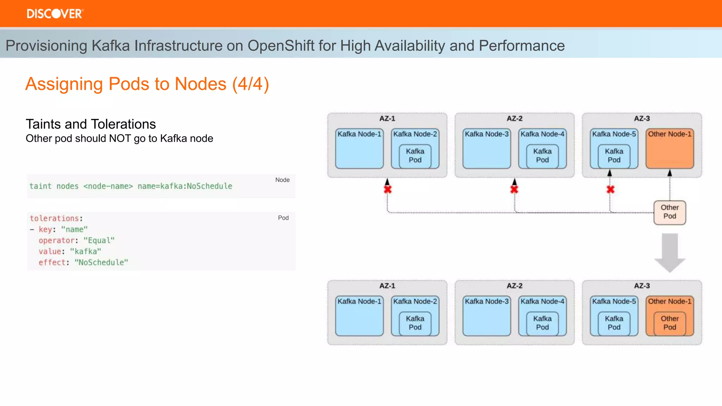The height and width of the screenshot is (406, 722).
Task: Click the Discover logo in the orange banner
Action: (x=55, y=14)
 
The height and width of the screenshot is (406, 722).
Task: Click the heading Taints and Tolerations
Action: (x=91, y=124)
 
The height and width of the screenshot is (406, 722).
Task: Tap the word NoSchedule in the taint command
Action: (x=209, y=186)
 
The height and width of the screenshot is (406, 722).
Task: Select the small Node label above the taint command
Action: (x=282, y=180)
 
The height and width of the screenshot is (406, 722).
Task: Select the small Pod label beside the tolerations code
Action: (x=283, y=218)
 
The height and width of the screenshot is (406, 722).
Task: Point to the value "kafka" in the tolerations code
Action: (x=85, y=251)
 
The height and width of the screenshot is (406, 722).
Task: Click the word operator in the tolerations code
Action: (x=56, y=240)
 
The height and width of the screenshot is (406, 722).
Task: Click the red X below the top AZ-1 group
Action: (x=387, y=190)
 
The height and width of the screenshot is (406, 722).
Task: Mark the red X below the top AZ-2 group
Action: (x=514, y=190)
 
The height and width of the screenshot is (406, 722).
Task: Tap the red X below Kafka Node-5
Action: (x=610, y=190)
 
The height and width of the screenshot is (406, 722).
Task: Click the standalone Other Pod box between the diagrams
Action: (x=669, y=212)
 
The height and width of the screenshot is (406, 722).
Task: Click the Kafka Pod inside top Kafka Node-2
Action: (x=415, y=156)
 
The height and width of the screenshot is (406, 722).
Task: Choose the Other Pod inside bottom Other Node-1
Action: (x=669, y=323)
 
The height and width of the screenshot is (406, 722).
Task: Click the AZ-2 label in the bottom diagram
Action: (x=514, y=286)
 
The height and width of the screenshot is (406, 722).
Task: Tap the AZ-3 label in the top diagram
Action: (x=642, y=118)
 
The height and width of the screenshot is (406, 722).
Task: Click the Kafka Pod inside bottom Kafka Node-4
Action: (x=542, y=323)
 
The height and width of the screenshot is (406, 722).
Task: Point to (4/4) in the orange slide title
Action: (x=250, y=84)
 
